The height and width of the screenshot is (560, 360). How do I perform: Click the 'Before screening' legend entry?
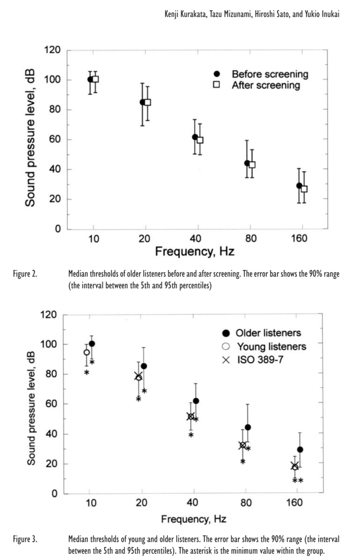[269, 74]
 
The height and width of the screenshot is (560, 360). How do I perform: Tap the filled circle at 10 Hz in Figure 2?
[90, 79]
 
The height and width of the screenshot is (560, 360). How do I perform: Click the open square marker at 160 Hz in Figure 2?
[304, 189]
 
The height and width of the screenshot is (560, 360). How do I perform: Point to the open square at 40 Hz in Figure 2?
[200, 140]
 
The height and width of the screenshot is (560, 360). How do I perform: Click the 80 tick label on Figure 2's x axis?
[250, 239]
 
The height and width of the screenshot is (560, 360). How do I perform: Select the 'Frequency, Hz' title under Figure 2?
[195, 253]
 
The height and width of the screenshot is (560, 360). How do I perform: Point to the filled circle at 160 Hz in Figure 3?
[300, 450]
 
